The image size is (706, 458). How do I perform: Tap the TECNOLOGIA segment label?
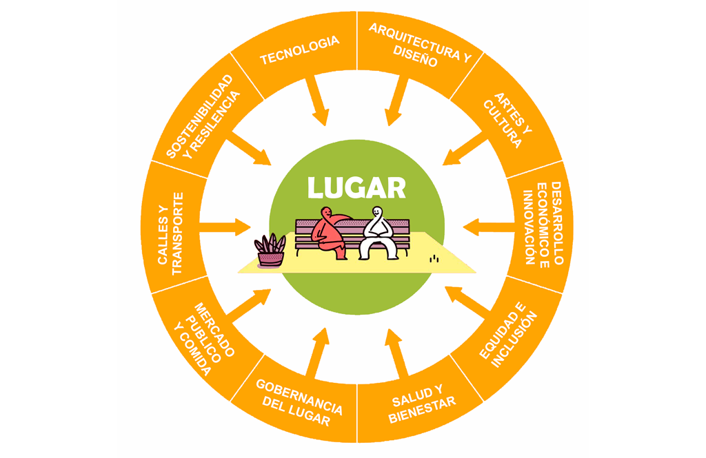click(x=299, y=50)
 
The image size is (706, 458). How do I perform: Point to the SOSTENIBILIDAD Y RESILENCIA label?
click(x=205, y=116)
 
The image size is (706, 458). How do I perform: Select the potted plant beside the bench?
click(x=271, y=251)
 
